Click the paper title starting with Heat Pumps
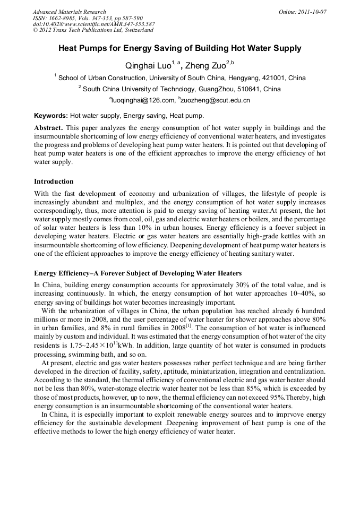[179, 48]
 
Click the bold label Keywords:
[51, 115]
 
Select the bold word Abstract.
[48, 128]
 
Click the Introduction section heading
[54, 182]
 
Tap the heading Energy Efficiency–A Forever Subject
[138, 273]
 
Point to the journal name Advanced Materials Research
[69, 12]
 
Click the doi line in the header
[93, 24]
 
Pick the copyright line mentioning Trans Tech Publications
[93, 30]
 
